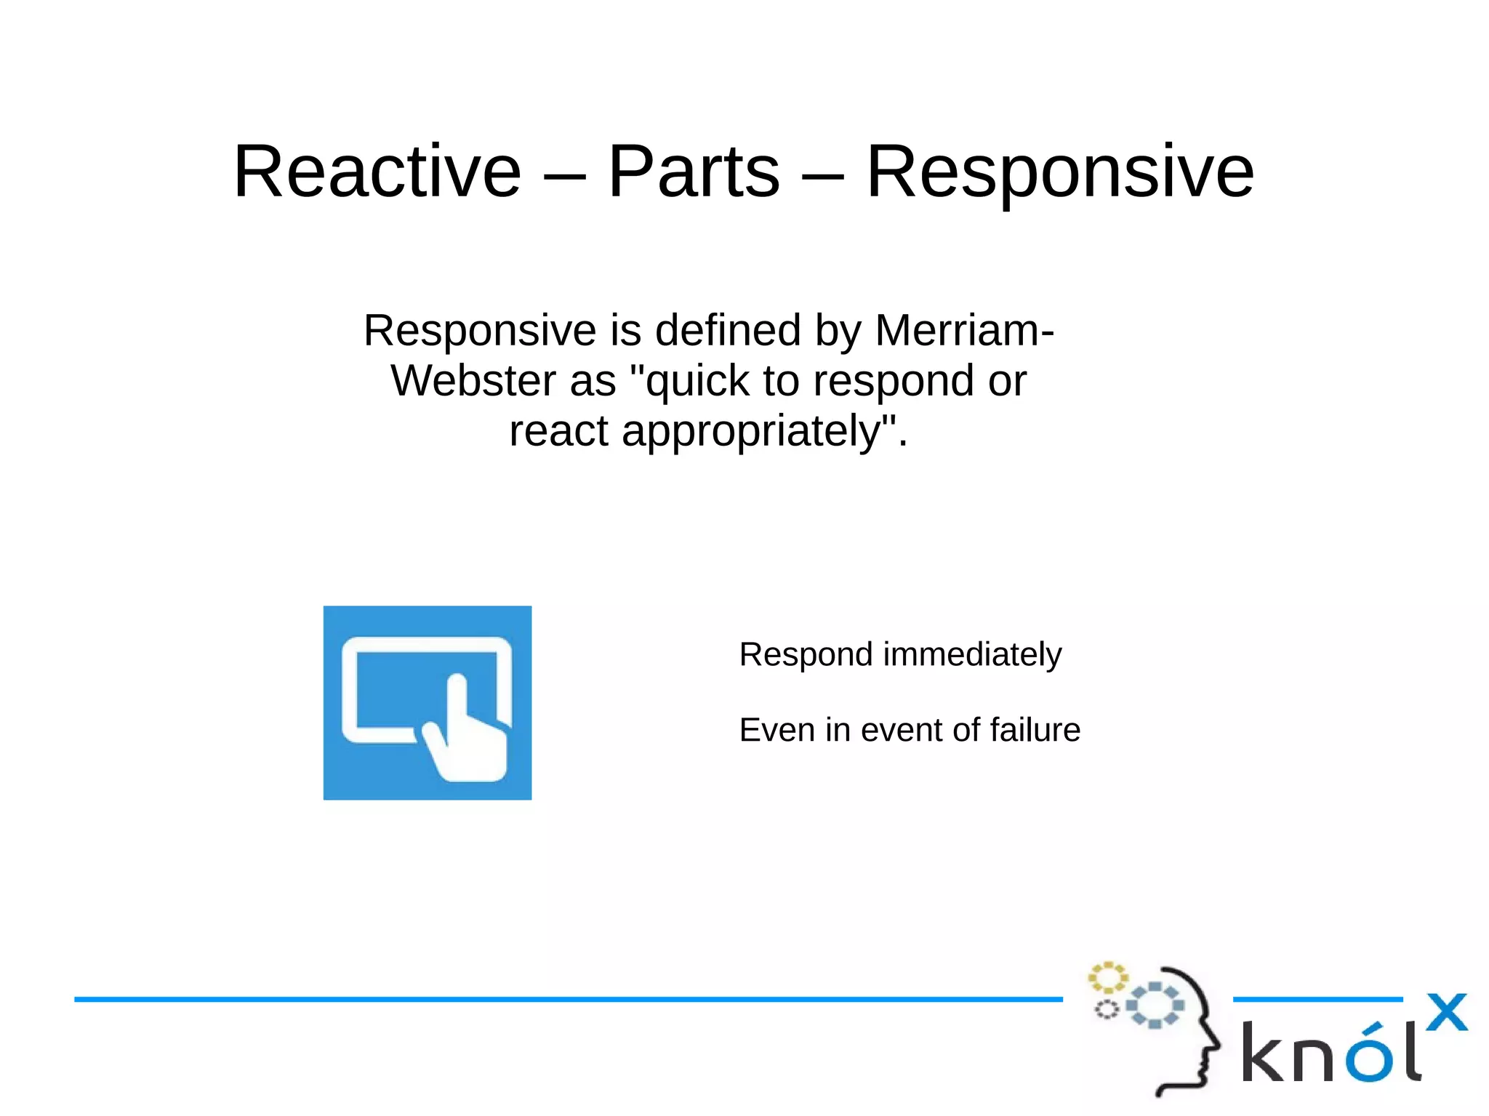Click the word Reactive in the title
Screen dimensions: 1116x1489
pos(377,172)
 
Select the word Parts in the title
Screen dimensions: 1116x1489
pos(693,172)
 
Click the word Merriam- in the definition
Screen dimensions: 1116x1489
pos(964,330)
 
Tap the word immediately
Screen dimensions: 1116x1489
pos(972,654)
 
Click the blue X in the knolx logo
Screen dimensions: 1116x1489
pos(1446,1012)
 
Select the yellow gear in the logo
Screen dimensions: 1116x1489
pos(1107,978)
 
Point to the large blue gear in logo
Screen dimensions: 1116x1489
pos(1155,1005)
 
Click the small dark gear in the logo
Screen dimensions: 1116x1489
pos(1107,1009)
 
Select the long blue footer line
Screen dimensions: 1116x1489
pos(567,999)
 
